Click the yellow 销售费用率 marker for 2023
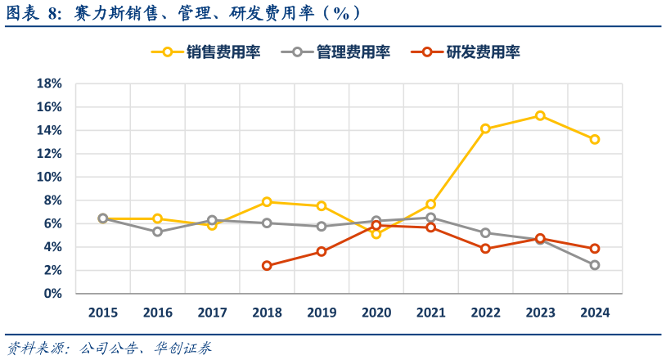coord(540,115)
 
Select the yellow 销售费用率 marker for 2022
coord(485,128)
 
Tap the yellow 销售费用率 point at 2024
coord(595,139)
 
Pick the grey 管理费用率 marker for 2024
coord(595,265)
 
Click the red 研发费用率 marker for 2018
coord(267,265)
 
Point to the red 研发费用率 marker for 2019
coord(322,251)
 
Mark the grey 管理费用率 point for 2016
coord(157,232)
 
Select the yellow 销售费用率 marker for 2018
coord(267,201)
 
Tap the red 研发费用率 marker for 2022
coord(485,249)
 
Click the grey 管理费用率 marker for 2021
coord(430,218)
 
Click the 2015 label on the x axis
coord(102,313)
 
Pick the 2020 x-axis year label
coord(376,313)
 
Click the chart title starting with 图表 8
coord(184,13)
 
